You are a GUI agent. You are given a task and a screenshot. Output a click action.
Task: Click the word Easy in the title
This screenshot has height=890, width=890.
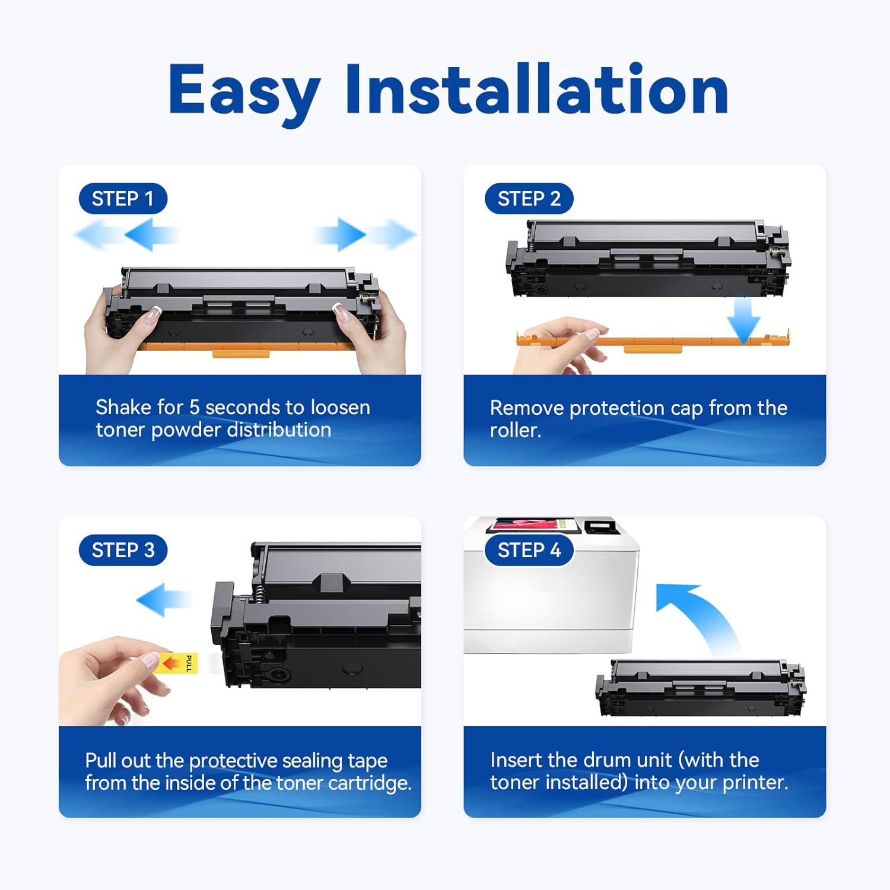coord(244,90)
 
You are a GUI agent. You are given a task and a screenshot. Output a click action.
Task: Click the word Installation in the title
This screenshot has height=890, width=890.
coord(537,90)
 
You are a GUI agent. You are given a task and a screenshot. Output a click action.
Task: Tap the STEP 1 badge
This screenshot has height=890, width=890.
coord(123,199)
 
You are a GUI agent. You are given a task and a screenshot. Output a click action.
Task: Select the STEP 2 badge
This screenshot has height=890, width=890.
coord(529,199)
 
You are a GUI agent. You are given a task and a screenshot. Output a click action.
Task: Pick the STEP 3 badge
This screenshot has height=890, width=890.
coord(123,550)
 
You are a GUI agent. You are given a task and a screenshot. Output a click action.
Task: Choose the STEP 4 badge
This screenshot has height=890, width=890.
coord(529,550)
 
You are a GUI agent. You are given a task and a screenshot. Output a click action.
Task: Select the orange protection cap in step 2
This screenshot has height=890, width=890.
coord(653,342)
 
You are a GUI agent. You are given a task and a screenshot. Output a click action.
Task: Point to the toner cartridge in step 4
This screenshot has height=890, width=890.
coord(700,688)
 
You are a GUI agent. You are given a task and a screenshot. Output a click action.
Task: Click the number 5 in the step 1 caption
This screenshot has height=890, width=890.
coord(194,408)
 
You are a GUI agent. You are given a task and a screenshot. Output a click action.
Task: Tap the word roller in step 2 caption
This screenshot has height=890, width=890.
coord(514,430)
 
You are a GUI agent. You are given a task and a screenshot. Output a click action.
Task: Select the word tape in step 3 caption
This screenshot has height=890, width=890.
coord(367,761)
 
